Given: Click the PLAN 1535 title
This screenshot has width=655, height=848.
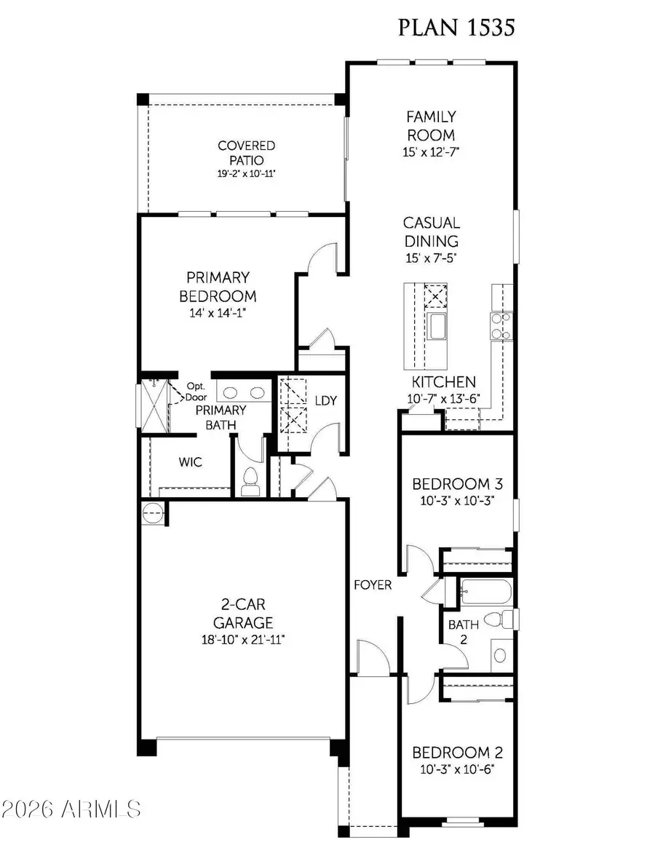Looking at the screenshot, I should pos(456,28).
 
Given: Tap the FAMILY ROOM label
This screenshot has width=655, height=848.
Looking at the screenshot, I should pos(431,126).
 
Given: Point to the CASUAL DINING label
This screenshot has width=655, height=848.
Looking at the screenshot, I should pos(431,231).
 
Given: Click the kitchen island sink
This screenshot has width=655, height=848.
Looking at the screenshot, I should pos(438,327).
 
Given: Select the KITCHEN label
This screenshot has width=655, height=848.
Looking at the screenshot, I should pos(444,382).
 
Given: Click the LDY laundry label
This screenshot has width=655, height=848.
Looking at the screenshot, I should pos(325,401).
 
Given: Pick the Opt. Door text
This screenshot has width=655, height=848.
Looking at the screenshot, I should pos(197,391).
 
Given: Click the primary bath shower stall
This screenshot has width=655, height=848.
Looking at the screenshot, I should pos(155,405).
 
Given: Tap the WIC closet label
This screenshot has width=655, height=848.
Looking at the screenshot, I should pos(190,462).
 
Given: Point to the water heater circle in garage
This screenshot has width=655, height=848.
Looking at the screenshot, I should pos(153,513).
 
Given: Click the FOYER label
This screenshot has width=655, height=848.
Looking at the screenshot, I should pos(373,585).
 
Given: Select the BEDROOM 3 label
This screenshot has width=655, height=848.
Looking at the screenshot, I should pos(457,484).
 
